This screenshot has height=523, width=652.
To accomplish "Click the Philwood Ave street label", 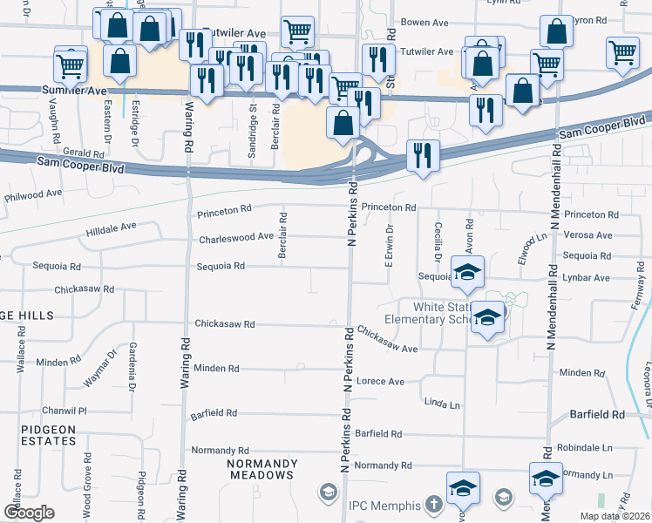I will pyautogui.click(x=34, y=194).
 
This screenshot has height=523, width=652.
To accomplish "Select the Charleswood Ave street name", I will pyautogui.click(x=236, y=236).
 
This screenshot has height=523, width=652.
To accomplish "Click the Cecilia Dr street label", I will pyautogui.click(x=438, y=241).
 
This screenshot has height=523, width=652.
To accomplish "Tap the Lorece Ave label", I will pyautogui.click(x=381, y=381).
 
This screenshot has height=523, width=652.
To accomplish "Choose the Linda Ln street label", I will pyautogui.click(x=441, y=404).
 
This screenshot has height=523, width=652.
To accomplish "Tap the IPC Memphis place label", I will pyautogui.click(x=385, y=506).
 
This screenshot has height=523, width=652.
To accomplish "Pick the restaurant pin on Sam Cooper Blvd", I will pyautogui.click(x=423, y=156).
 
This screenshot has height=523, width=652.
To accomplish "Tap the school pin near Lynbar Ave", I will pyautogui.click(x=468, y=272).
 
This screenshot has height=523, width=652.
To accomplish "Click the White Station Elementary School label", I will pyautogui.click(x=431, y=313).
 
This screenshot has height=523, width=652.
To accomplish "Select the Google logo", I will pyautogui.click(x=30, y=512).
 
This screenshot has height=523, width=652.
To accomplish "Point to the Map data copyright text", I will pyautogui.click(x=615, y=517).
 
